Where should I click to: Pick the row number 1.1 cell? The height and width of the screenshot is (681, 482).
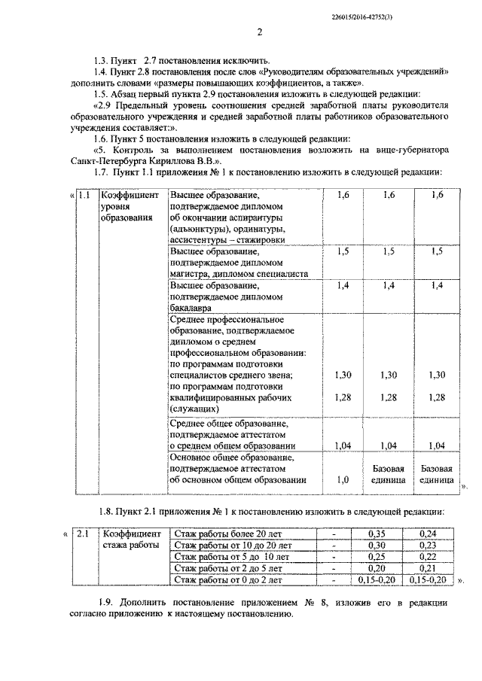point(84,195)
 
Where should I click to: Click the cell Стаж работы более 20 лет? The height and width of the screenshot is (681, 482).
point(221,534)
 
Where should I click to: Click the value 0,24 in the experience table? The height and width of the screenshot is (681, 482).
point(428,534)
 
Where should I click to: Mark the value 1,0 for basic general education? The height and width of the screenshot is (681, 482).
point(343,479)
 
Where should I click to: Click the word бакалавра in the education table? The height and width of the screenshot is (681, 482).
point(191,307)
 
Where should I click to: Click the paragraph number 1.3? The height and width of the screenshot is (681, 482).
point(99,59)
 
